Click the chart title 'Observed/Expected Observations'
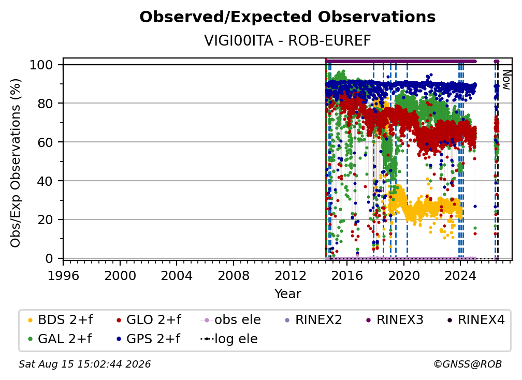[287, 17]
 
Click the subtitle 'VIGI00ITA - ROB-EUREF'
[287, 40]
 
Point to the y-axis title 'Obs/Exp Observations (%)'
[16, 163]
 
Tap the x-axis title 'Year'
[287, 294]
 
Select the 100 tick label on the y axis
[41, 65]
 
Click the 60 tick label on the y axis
[45, 142]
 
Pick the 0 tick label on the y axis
[49, 258]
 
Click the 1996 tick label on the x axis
[63, 275]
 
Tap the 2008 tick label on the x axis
[234, 275]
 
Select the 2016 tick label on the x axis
[347, 275]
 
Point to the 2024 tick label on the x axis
[460, 275]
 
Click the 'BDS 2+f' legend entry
[60, 320]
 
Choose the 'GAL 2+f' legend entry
[60, 339]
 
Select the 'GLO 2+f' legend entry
[149, 320]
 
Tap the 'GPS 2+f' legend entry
[148, 339]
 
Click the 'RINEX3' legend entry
[395, 320]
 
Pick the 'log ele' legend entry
[229, 339]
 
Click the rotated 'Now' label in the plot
[506, 80]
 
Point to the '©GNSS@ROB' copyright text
[468, 364]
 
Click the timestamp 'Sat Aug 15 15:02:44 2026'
[84, 364]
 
